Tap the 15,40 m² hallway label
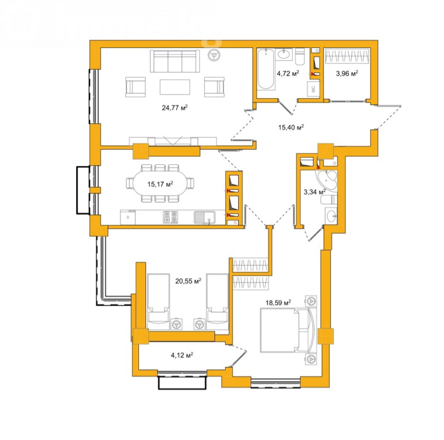291,127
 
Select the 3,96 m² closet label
347,74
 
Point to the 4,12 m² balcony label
182,355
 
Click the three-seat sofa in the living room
175,61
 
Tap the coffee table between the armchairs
175,87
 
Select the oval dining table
160,184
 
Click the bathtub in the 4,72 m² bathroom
266,69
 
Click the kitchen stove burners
170,217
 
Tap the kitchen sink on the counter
204,218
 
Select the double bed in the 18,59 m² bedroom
287,330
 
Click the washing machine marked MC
313,89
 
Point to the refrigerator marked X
128,218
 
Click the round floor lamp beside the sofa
214,56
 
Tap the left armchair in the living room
135,87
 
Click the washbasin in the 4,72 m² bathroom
284,54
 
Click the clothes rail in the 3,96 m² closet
348,56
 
